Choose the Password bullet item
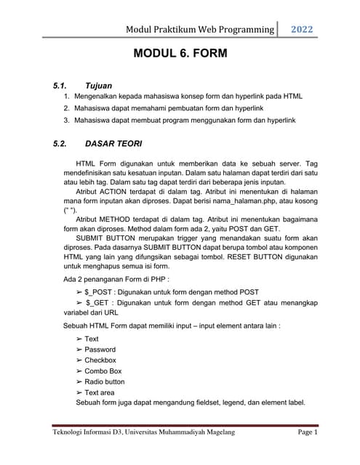pos(100,349)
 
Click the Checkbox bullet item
pos(100,360)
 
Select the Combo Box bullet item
pos(103,371)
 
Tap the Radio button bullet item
pos(105,381)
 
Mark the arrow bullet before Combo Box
pos(79,371)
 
